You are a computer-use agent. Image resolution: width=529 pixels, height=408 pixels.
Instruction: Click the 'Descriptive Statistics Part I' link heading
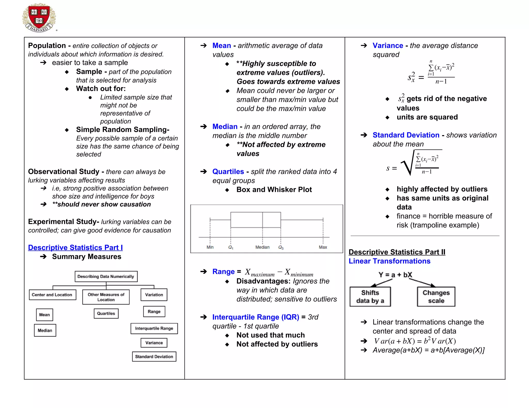tap(75, 248)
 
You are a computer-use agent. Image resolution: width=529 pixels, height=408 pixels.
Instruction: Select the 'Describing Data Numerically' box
tap(106, 276)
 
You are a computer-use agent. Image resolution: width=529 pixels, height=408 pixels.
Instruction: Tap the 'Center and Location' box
tap(52, 295)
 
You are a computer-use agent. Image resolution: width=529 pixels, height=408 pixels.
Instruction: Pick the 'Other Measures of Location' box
tap(106, 297)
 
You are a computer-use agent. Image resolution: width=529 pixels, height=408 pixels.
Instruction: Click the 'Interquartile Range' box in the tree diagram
tap(154, 329)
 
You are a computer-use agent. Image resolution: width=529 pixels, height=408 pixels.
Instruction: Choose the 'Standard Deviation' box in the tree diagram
tap(154, 357)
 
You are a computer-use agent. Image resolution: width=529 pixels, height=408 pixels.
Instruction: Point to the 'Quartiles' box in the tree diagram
tap(106, 314)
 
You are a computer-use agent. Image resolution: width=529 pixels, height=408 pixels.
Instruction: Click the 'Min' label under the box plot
tap(210, 247)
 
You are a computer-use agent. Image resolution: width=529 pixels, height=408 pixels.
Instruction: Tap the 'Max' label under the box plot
tap(323, 247)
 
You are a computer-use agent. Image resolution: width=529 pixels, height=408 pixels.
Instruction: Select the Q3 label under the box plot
tap(281, 247)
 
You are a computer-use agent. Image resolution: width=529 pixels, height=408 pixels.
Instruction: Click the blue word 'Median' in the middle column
tap(225, 127)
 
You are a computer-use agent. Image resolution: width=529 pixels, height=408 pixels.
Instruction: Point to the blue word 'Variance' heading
tap(388, 46)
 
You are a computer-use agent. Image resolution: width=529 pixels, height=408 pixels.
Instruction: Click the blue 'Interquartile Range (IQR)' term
tap(255, 317)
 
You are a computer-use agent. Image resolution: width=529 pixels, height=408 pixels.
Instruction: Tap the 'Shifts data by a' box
tap(370, 297)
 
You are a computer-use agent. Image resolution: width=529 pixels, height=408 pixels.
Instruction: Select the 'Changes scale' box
tap(436, 297)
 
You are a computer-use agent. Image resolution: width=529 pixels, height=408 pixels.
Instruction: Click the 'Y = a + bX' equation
tap(395, 275)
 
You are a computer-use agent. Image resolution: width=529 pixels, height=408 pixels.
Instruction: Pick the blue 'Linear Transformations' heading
tap(390, 261)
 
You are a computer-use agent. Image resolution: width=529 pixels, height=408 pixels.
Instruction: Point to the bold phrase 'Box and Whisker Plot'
tap(274, 190)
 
